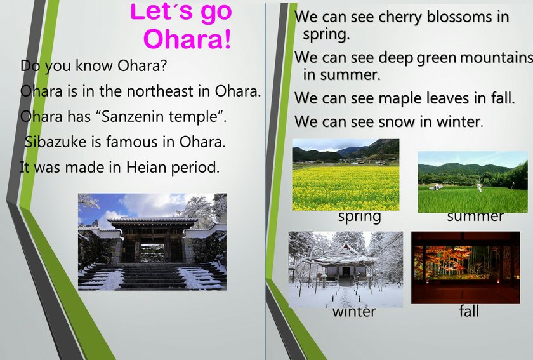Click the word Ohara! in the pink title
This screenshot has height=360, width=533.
[x=187, y=39]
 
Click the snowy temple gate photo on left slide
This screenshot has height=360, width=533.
[x=152, y=242]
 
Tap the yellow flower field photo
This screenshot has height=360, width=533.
[x=346, y=175]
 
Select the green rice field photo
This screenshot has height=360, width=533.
[x=473, y=182]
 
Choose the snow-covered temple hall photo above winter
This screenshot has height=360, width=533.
[x=346, y=269]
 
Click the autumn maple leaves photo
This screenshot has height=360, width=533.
[x=465, y=267]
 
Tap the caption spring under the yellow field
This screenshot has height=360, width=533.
[x=360, y=217]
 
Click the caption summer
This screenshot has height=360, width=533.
[x=475, y=217]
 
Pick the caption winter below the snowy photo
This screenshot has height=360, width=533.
[x=354, y=312]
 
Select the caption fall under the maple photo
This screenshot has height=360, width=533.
[x=469, y=310]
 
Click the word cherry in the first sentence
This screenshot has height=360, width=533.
[x=400, y=17]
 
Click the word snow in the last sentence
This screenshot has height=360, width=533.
[x=397, y=122]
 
